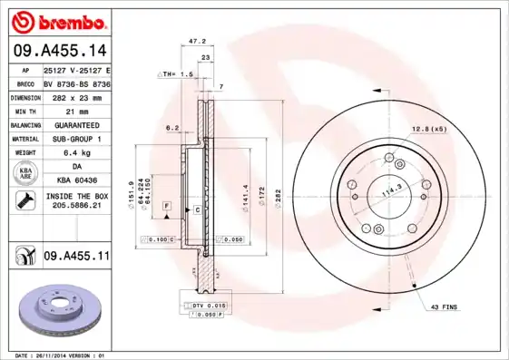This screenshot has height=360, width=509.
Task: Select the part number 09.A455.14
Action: pos(60,50)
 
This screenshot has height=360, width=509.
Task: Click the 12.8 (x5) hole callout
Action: pos(428,129)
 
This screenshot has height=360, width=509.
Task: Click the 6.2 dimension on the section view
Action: pos(171,128)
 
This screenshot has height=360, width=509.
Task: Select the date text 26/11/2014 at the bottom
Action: pos(64,355)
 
